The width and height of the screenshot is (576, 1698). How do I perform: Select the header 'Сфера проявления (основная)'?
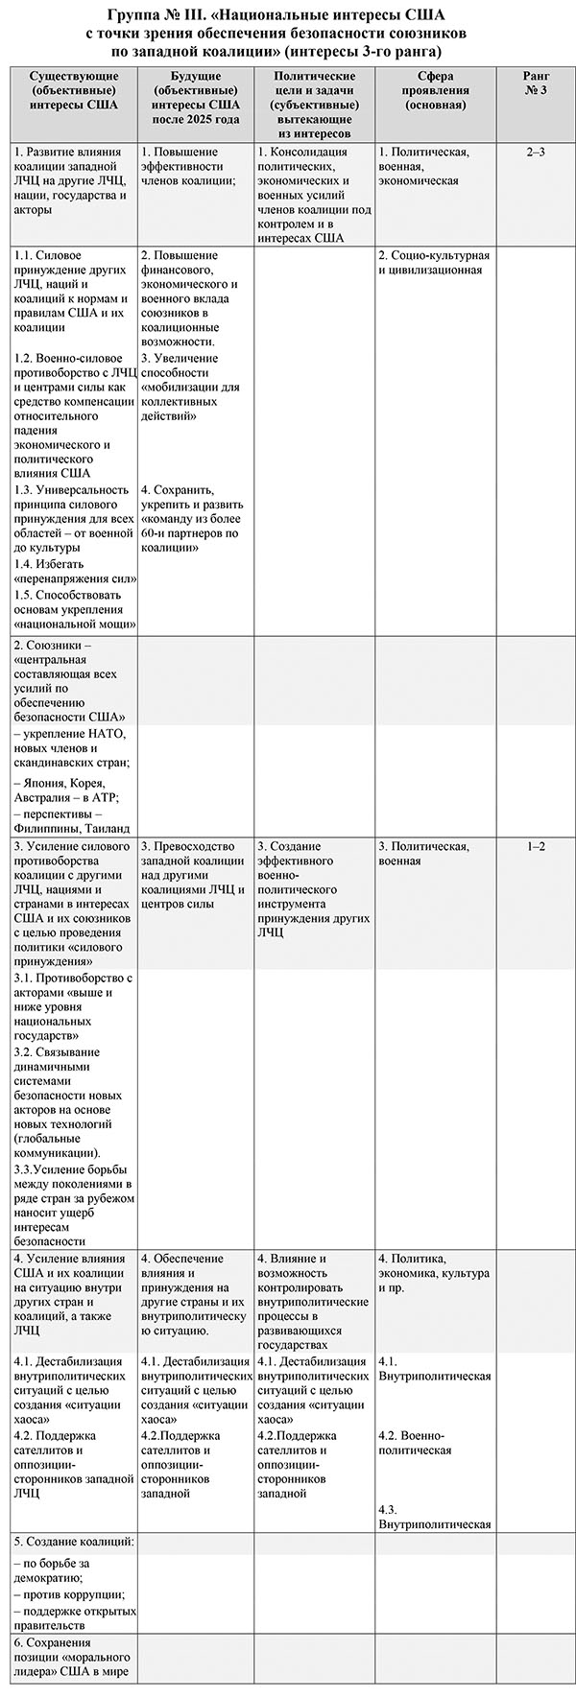435,90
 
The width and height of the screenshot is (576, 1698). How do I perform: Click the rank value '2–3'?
536,153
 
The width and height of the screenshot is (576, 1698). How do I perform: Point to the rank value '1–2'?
536,846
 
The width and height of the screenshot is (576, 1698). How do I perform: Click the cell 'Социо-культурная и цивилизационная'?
434,263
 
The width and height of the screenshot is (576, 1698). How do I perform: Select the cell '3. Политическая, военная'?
423,854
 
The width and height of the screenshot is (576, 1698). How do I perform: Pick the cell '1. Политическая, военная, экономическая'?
423,166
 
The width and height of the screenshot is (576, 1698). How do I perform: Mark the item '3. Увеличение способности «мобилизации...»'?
193,388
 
